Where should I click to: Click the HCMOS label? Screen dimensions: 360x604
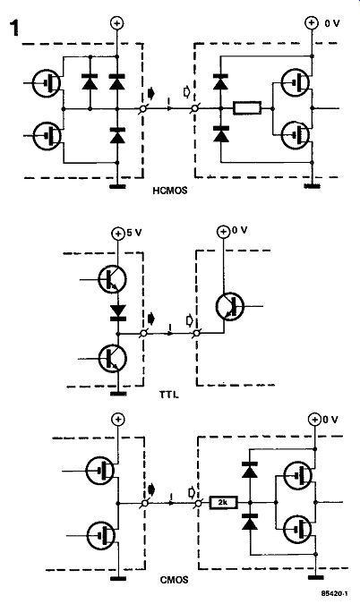[x=170, y=191]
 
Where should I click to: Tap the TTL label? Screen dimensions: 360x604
[x=169, y=394]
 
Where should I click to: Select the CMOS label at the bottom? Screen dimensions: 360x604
[x=175, y=580]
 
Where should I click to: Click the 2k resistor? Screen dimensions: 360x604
[x=224, y=502]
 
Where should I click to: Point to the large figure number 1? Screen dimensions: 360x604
[x=14, y=28]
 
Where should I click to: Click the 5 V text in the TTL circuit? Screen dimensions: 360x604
[x=133, y=233]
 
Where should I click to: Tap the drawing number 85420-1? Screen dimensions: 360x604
[x=335, y=594]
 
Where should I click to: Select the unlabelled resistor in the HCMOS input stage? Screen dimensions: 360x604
[x=247, y=108]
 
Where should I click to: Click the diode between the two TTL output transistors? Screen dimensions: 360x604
[x=118, y=312]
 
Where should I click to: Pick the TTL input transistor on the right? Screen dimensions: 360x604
[x=230, y=306]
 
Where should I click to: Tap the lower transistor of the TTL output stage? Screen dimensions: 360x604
[x=113, y=359]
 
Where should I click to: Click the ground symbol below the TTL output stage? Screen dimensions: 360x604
[x=118, y=394]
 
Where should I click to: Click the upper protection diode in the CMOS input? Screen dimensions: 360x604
[x=250, y=471]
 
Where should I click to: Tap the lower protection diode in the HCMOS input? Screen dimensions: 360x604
[x=220, y=134]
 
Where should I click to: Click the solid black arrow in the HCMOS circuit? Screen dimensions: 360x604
[x=150, y=93]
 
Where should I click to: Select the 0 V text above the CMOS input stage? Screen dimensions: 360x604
[x=330, y=420]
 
